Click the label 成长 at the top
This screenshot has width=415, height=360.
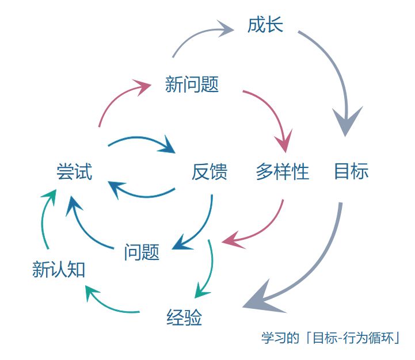point(265,25)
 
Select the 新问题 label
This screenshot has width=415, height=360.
point(192,85)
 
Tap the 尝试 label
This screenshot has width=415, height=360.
point(74,171)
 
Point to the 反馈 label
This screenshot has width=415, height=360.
point(209,171)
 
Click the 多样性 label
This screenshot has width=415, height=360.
point(282,171)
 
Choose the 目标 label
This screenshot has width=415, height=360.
point(351,171)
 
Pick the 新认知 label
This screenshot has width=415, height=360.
point(59,269)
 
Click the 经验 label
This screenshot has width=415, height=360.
point(184,317)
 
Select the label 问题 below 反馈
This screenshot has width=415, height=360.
point(142,251)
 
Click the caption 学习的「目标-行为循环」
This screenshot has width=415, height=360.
point(330,338)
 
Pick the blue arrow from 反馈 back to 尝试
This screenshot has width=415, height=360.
point(141,193)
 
